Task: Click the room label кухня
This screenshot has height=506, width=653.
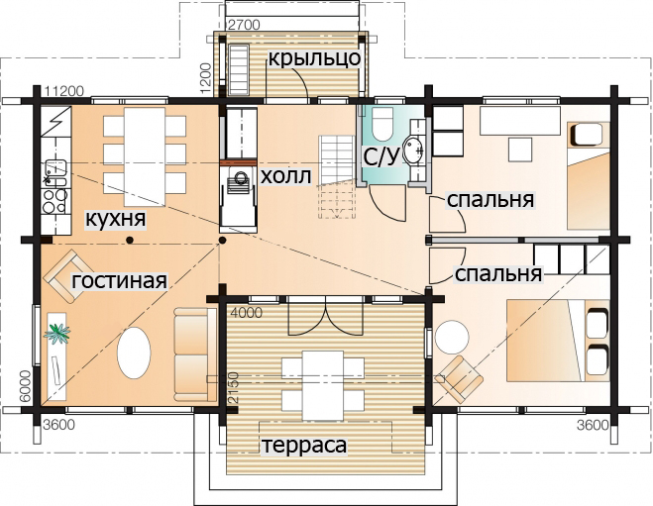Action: [x=115, y=219]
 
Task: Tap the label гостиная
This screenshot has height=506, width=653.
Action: [x=120, y=281]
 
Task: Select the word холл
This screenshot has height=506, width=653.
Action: [x=285, y=176]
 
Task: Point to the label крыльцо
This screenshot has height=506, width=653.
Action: [x=314, y=58]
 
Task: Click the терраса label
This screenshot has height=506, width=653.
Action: [x=304, y=445]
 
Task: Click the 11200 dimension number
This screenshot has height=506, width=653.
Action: [x=64, y=91]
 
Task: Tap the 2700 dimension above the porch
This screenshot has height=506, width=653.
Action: [x=245, y=26]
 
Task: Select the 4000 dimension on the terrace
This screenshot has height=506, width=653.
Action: [x=247, y=313]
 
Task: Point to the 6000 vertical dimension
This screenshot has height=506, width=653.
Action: [x=26, y=386]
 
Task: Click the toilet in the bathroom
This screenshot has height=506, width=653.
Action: [x=381, y=124]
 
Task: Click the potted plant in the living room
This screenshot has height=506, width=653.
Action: [x=56, y=333]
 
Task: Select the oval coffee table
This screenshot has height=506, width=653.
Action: [x=134, y=353]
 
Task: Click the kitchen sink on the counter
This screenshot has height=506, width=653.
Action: [x=55, y=173]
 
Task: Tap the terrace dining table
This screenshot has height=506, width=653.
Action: [x=323, y=386]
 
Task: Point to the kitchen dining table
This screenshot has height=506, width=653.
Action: [x=145, y=156]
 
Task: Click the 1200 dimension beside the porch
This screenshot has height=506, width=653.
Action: [x=205, y=78]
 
